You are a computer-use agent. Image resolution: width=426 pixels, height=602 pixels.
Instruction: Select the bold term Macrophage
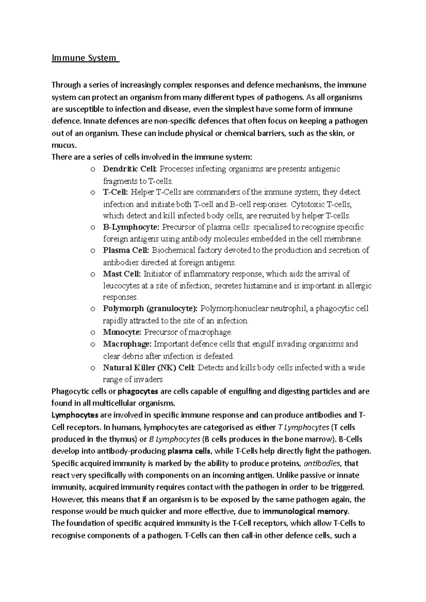(127, 344)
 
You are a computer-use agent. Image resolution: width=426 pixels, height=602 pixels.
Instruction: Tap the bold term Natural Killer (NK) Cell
(149, 368)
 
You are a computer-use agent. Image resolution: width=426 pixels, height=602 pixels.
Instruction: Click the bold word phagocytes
(138, 392)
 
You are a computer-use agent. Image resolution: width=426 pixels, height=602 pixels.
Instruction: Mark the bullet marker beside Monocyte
(93, 333)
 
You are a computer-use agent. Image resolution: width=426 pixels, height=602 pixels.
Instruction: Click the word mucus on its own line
(63, 145)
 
